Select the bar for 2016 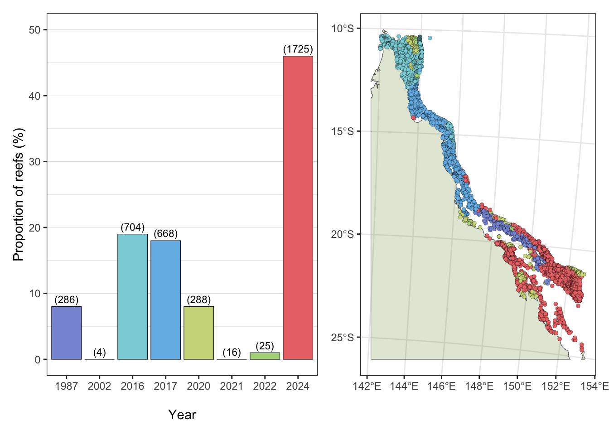click(x=132, y=296)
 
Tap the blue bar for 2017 click(x=165, y=300)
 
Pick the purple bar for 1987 click(x=66, y=333)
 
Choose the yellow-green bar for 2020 click(x=198, y=333)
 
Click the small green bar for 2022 click(x=265, y=356)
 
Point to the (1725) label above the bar click(x=298, y=49)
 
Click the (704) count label click(x=132, y=227)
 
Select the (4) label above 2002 click(x=99, y=352)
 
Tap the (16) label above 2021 click(x=232, y=352)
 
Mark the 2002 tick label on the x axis click(x=99, y=386)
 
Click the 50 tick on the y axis click(x=34, y=30)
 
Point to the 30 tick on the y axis click(x=34, y=162)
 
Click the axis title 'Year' click(x=182, y=415)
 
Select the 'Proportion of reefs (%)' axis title click(x=18, y=194)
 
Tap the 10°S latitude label click(x=342, y=29)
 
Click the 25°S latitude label click(x=342, y=338)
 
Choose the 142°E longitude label click(x=367, y=386)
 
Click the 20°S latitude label click(x=342, y=234)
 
